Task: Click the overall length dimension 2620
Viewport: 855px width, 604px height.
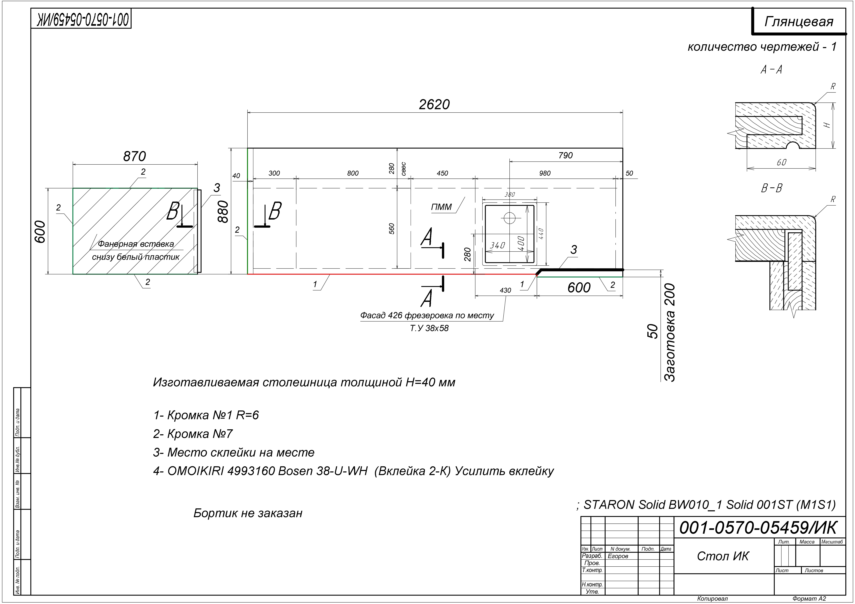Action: [x=434, y=105]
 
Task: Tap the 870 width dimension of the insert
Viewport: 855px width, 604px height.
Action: [x=134, y=156]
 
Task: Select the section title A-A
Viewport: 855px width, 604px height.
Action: [x=771, y=70]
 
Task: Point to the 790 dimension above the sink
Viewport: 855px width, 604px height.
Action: [x=565, y=156]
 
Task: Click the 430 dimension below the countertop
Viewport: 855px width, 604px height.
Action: [x=505, y=290]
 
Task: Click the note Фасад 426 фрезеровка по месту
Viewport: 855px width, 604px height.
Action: [x=427, y=316]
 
